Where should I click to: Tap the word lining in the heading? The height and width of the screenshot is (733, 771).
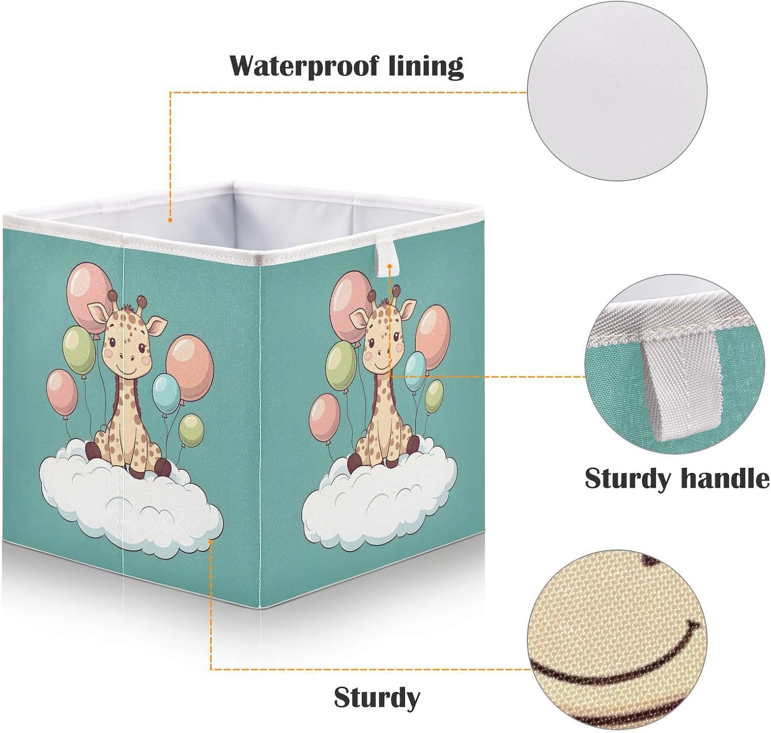coord(425,66)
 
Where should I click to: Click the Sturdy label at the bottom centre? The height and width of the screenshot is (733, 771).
coord(377,698)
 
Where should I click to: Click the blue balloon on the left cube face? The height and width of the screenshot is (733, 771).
coord(167,394)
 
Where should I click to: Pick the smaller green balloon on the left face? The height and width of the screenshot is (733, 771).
coord(191,430)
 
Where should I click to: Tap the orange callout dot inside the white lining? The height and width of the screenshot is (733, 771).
coord(170,220)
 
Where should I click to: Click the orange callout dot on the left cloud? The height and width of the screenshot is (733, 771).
coord(210,540)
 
